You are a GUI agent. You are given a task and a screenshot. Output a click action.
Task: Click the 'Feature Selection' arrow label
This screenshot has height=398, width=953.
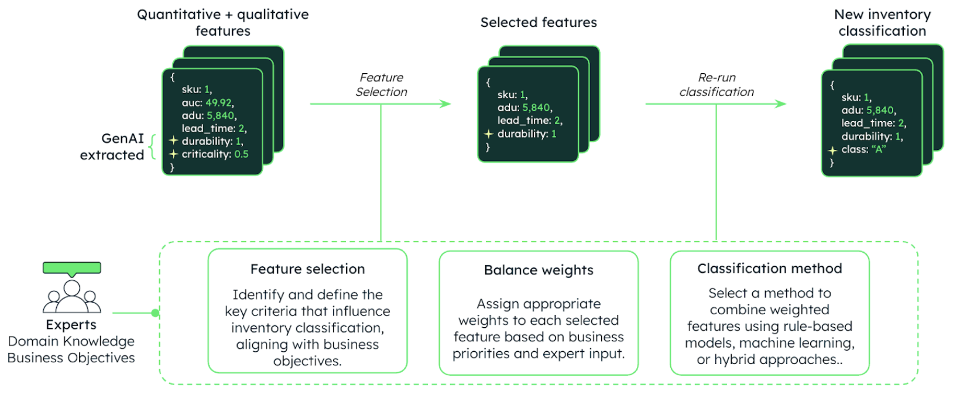tap(381, 85)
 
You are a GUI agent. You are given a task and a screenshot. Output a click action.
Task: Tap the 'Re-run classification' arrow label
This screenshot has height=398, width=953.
tap(717, 85)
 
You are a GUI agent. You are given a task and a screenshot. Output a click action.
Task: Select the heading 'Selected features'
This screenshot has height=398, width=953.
tap(539, 23)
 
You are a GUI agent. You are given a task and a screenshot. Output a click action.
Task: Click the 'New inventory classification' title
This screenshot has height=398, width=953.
tap(882, 23)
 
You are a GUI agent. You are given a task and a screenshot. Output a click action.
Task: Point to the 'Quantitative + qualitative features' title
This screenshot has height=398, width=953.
tap(222, 23)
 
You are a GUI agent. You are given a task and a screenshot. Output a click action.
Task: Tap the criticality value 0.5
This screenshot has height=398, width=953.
tap(241, 155)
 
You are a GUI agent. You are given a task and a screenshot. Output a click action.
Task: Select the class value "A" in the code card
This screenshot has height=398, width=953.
tap(879, 149)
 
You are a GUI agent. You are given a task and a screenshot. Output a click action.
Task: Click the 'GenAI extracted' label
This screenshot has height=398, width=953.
tap(112, 146)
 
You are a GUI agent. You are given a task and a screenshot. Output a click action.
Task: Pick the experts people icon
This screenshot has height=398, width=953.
tap(71, 297)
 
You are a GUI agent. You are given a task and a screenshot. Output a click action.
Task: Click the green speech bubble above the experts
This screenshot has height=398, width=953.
tap(71, 269)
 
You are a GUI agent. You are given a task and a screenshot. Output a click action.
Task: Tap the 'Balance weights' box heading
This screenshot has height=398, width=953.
tap(539, 270)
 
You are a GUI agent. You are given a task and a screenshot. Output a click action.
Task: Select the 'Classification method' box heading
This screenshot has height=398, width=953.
tap(769, 269)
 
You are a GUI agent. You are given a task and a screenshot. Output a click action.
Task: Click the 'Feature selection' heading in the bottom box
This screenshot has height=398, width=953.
tap(307, 269)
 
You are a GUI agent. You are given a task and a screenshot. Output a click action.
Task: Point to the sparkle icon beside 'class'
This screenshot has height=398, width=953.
tap(832, 150)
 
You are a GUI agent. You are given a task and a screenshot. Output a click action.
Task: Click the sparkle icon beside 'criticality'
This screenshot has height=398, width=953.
tap(173, 154)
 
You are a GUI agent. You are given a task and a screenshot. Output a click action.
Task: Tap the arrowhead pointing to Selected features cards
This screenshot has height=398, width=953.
tap(446, 104)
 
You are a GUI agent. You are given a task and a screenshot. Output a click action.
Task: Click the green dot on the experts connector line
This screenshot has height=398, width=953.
tap(155, 313)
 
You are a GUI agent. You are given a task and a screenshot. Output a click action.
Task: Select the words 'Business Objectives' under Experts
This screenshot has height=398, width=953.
tap(71, 358)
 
